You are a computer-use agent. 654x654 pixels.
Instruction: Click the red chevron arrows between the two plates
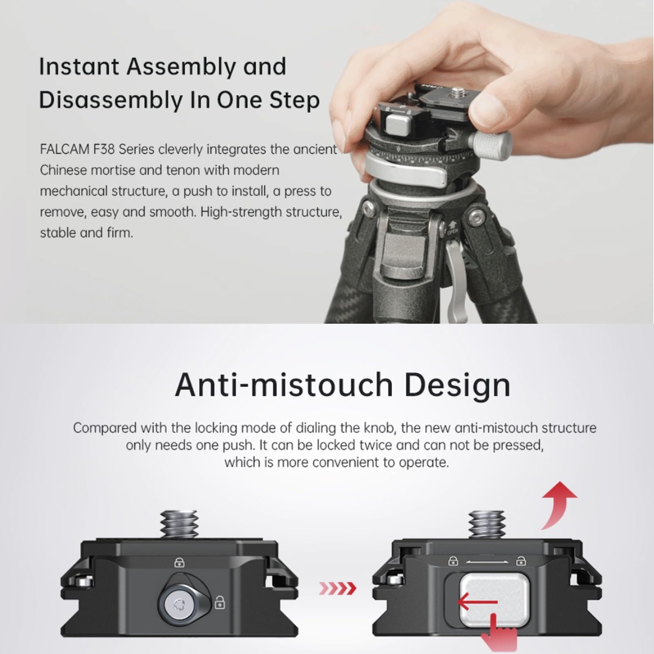337,589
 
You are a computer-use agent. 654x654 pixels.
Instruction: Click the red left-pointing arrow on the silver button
476,602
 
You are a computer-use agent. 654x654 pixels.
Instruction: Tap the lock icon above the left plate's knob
179,563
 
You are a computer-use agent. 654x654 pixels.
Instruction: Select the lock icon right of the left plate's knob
220,602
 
